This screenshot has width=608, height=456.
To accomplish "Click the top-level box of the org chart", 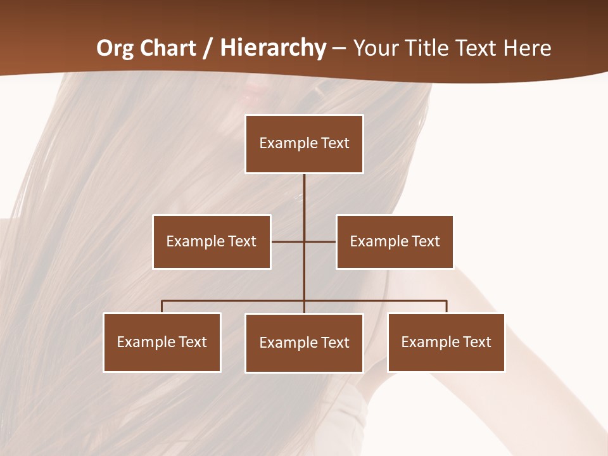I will point(304,144).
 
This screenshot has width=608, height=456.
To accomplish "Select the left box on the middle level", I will point(212,241).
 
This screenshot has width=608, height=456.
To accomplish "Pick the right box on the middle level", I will point(395,241).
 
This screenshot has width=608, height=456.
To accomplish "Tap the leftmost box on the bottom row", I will point(162,342).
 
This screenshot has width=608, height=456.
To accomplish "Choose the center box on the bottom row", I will point(304,343).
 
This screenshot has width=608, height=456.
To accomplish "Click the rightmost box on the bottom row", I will point(446,342).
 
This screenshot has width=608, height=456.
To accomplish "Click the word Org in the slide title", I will point(115,48).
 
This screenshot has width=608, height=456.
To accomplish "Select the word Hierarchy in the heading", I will point(273,48).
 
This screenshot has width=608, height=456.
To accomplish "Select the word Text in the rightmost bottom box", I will point(478,342).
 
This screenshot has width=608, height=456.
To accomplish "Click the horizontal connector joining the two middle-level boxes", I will point(288,241).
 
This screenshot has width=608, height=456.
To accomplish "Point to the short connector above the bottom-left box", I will point(162,307).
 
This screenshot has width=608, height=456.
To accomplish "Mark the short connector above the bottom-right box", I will point(446,307).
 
